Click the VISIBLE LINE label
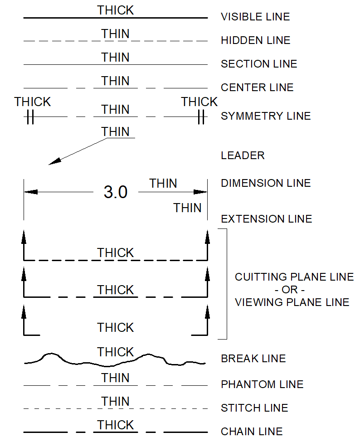pyautogui.click(x=255, y=17)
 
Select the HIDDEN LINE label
pyautogui.click(x=255, y=41)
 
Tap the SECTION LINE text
pyautogui.click(x=259, y=64)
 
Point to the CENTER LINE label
pyautogui.click(x=257, y=87)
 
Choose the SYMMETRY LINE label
pyautogui.click(x=266, y=116)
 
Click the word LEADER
pyautogui.click(x=243, y=156)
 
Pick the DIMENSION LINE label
pyautogui.click(x=266, y=184)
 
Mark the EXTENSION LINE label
pyautogui.click(x=266, y=219)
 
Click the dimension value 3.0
pyautogui.click(x=116, y=193)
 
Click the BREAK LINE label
pyautogui.click(x=253, y=359)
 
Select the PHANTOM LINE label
pyautogui.click(x=262, y=385)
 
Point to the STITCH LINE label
pyautogui.click(x=254, y=408)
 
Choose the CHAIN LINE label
pyautogui.click(x=252, y=432)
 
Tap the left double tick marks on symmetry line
pyautogui.click(x=30, y=117)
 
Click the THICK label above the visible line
pyautogui.click(x=116, y=10)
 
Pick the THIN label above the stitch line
pyautogui.click(x=116, y=402)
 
